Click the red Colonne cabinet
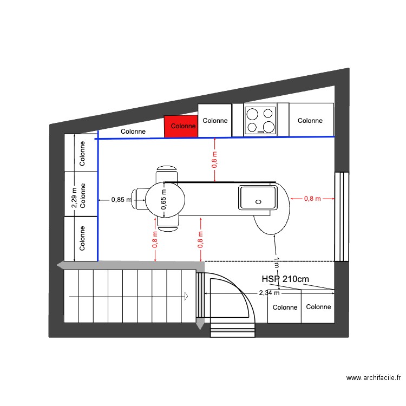click(181, 126)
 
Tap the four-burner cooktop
click(260, 120)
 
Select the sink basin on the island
click(257, 198)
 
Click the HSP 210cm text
click(285, 279)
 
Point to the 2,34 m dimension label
click(269, 293)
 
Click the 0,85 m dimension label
click(121, 200)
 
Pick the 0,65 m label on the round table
click(163, 199)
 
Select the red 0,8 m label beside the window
click(313, 199)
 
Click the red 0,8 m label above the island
click(215, 160)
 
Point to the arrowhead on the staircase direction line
click(186, 296)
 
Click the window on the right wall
click(342, 217)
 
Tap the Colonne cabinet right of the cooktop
click(310, 120)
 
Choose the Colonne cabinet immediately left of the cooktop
click(215, 120)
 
